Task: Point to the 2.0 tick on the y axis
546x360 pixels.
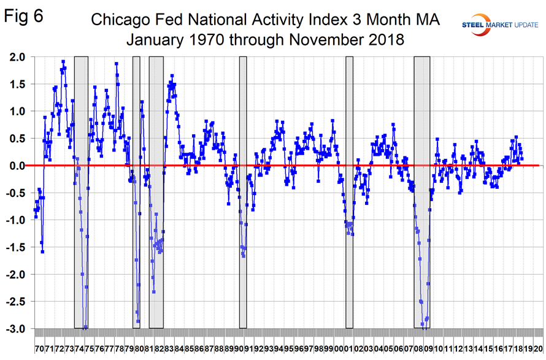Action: coord(17,57)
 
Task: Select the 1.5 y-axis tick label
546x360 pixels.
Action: coord(17,84)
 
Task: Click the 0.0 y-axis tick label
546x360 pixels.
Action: coord(17,166)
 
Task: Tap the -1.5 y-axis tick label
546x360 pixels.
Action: coord(15,247)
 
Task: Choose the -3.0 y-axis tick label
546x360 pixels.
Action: coord(15,329)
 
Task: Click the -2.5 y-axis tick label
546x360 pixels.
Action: coord(15,302)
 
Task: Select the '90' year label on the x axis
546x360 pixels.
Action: coord(239,348)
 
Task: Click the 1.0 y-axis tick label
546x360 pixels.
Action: coord(17,111)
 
